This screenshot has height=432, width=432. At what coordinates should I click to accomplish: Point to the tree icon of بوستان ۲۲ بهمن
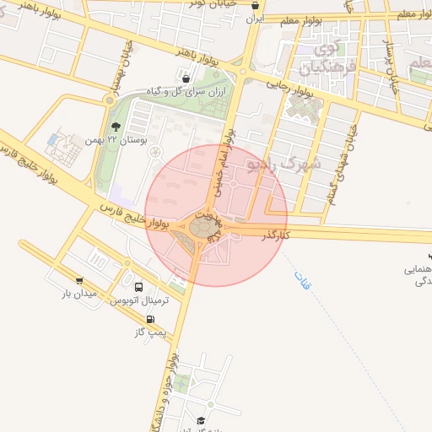click(x=116, y=127)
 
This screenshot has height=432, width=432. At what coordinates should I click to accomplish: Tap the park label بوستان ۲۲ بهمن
click(x=120, y=140)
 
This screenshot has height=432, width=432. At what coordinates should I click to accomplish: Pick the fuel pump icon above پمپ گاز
click(x=150, y=321)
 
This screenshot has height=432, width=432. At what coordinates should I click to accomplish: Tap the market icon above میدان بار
click(x=79, y=281)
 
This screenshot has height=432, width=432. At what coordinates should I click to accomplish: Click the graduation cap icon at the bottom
click(x=201, y=421)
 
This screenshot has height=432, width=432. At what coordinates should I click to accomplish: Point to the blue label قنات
click(x=302, y=282)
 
